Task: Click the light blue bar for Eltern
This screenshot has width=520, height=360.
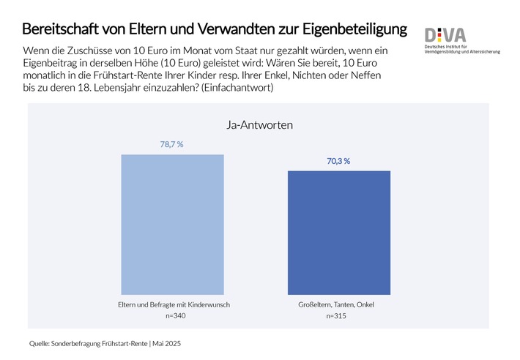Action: (172, 224)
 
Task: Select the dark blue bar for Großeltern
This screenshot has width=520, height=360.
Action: (338, 232)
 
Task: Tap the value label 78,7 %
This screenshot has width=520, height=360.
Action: (172, 145)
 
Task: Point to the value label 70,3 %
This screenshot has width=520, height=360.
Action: (338, 161)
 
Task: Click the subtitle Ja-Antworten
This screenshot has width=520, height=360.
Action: (256, 125)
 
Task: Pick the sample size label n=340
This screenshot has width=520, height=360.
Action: (172, 315)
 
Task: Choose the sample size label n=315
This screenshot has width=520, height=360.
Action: (338, 315)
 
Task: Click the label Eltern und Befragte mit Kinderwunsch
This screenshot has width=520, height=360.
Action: (172, 304)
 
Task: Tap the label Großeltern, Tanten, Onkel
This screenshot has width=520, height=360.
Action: (338, 304)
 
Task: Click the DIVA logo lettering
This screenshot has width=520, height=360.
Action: (447, 34)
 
